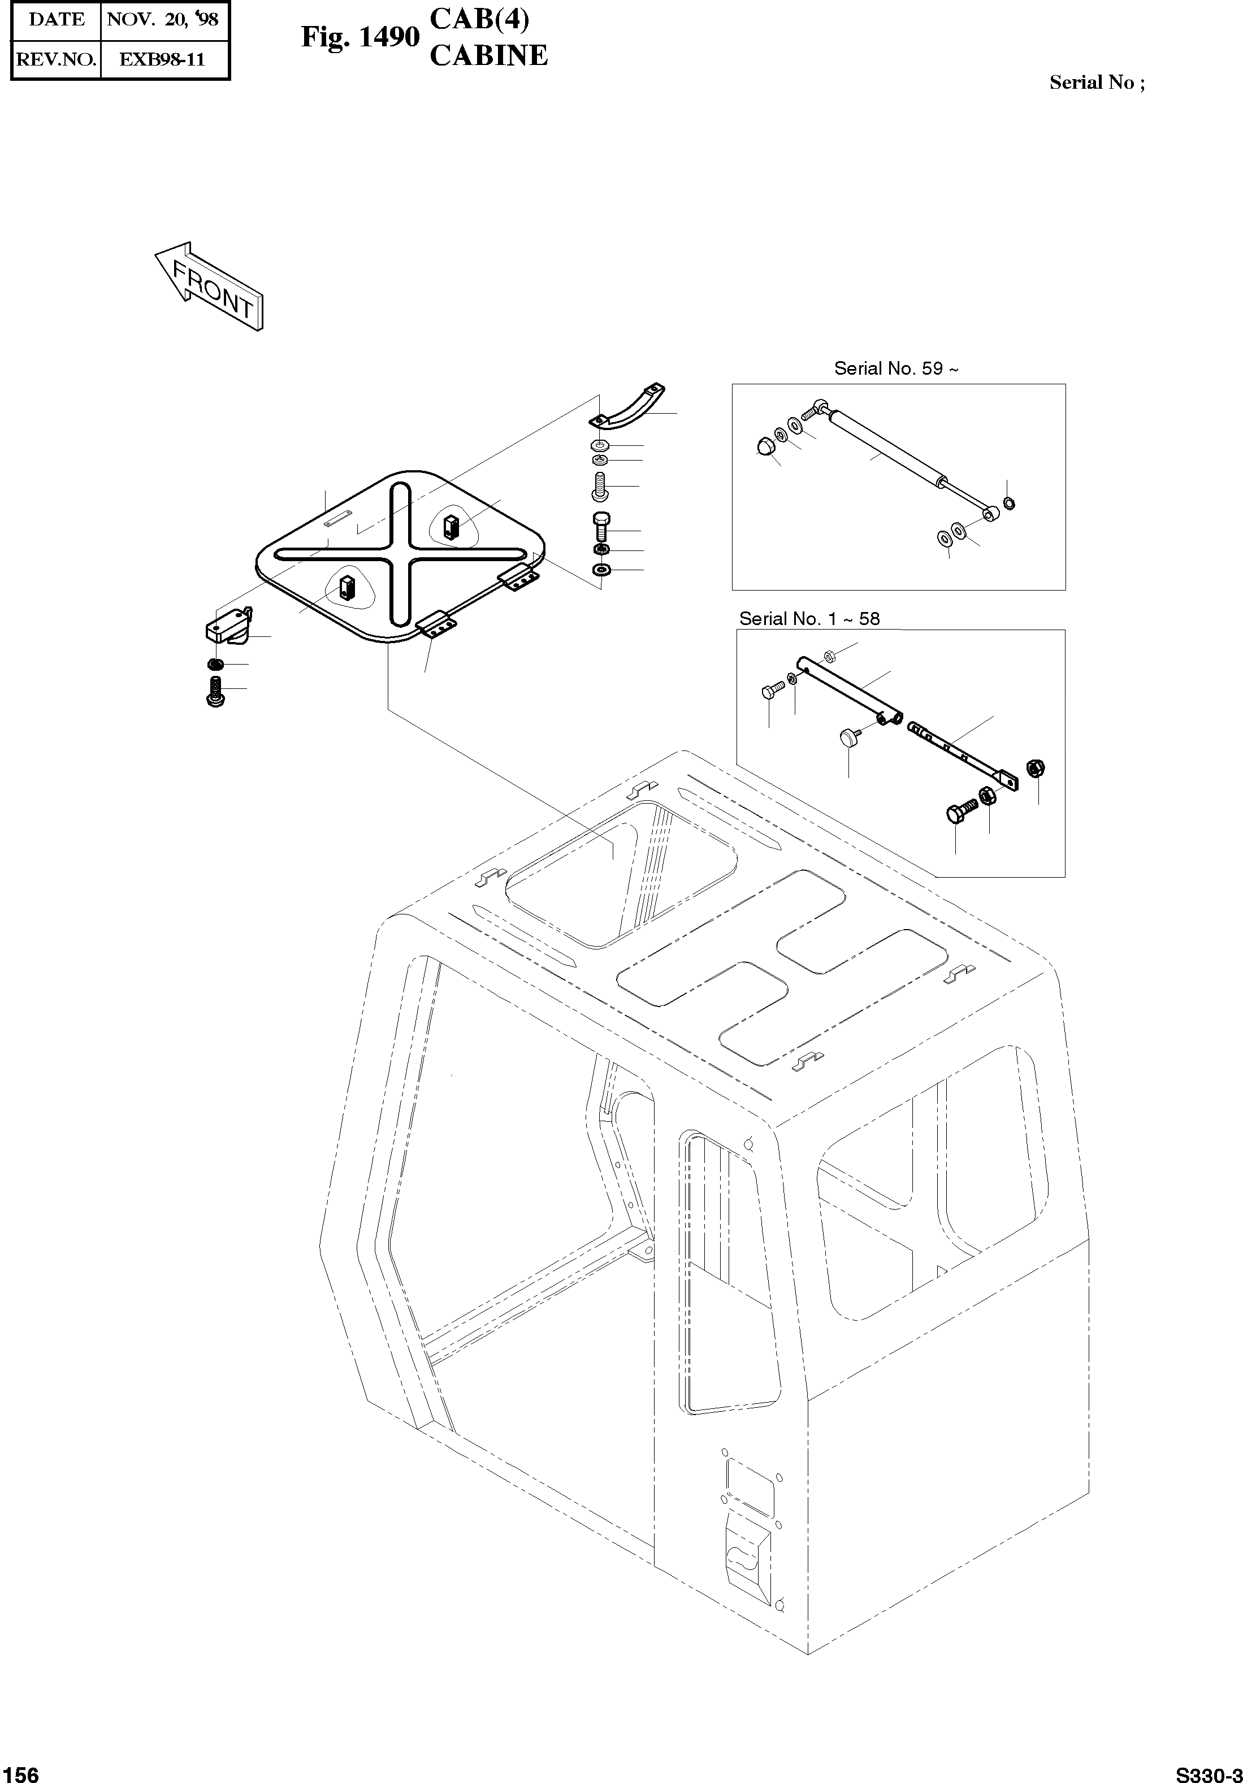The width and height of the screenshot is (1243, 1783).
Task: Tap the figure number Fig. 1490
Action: tap(360, 37)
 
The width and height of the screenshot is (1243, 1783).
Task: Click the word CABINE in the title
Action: tap(488, 56)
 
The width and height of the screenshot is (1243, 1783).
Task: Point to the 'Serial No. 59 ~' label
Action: tap(896, 368)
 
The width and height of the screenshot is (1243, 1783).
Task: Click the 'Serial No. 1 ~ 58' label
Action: tap(809, 619)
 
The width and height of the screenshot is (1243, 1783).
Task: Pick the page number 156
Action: tap(20, 1768)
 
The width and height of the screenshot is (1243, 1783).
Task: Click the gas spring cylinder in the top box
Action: tap(886, 449)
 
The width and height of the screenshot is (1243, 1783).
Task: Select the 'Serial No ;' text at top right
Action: tap(1096, 83)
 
